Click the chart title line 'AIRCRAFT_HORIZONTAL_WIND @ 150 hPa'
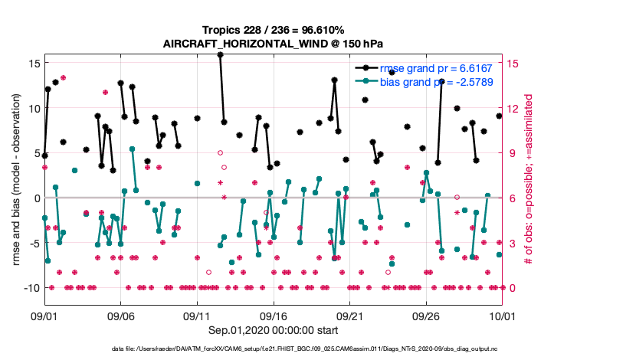click(274, 44)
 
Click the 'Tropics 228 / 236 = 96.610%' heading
click(274, 30)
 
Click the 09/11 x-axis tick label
click(197, 316)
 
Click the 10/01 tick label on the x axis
click(502, 316)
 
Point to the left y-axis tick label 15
click(32, 63)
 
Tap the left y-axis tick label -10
click(29, 288)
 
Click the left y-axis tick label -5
click(32, 243)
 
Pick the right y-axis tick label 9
click(513, 153)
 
